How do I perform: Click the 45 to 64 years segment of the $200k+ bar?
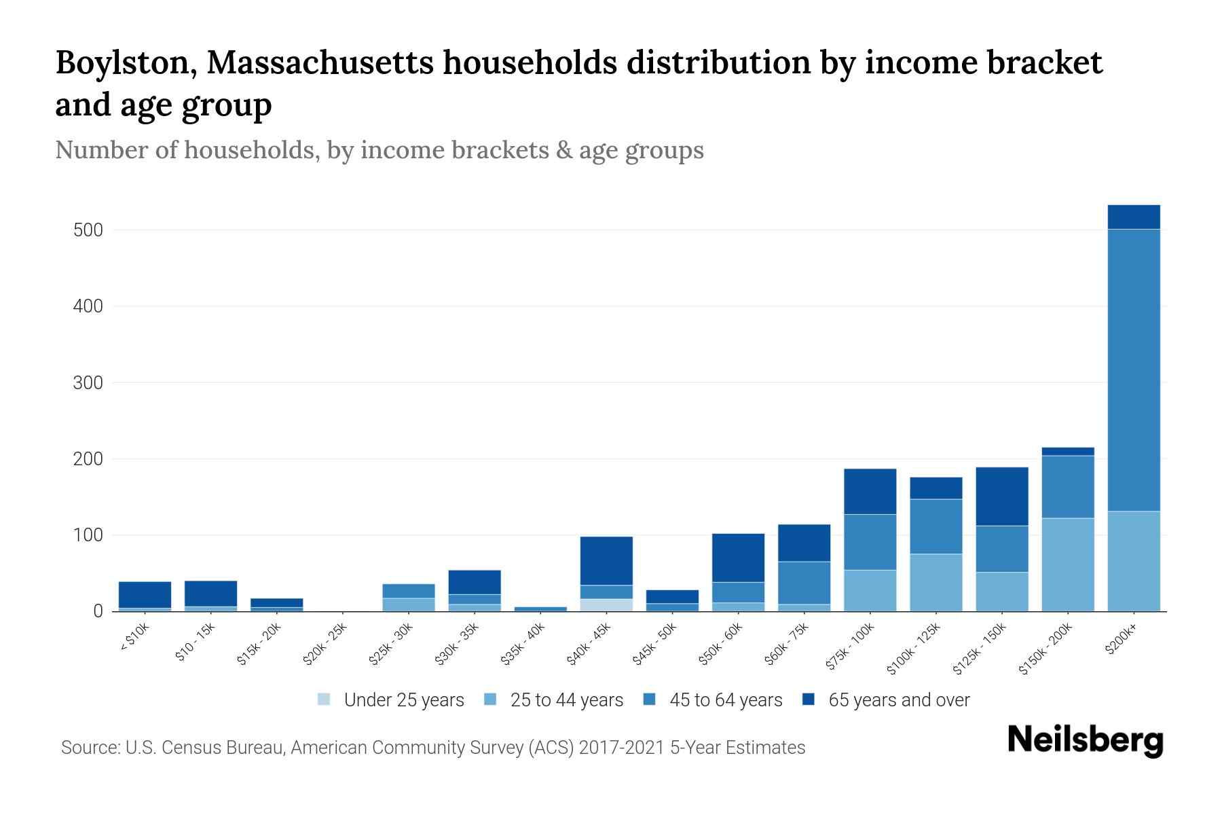(1133, 370)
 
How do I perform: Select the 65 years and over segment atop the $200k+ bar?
(1133, 217)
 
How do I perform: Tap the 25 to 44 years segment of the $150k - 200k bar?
(1067, 565)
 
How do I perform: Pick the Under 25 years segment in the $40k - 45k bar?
(606, 605)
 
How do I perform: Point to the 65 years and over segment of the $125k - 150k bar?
(1001, 496)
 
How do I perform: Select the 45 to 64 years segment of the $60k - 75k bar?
(804, 583)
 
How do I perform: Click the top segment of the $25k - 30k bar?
(409, 591)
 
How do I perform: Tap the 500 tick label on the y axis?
(88, 230)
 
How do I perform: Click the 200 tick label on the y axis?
(88, 460)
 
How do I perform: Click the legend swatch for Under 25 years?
(325, 700)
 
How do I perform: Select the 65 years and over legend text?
(899, 700)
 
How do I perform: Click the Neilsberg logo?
(1085, 740)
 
